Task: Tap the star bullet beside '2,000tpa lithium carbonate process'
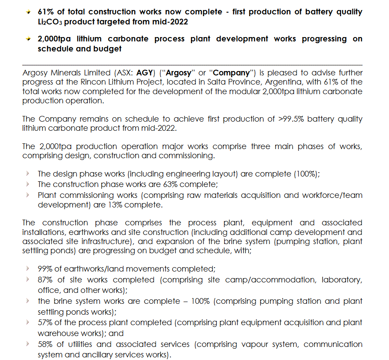(28, 39)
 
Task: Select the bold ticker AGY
(144, 73)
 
